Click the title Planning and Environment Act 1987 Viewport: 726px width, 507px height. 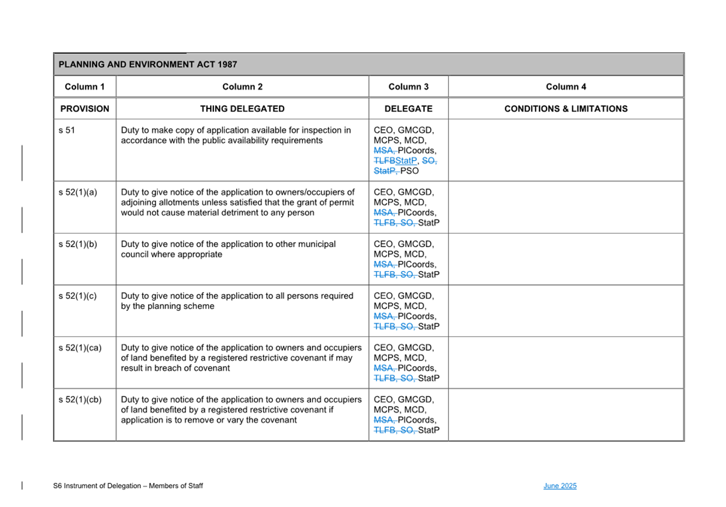pyautogui.click(x=148, y=65)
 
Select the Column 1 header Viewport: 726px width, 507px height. pyautogui.click(x=85, y=87)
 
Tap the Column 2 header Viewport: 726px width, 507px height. pyautogui.click(x=243, y=87)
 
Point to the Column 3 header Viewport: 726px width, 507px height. pyautogui.click(x=409, y=87)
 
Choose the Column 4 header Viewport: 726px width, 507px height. pyautogui.click(x=566, y=87)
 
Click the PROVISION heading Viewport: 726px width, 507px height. pyautogui.click(x=85, y=109)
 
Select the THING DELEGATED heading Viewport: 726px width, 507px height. pyautogui.click(x=243, y=109)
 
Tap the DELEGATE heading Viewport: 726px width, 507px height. pyautogui.click(x=409, y=109)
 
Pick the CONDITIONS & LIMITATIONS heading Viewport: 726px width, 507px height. pyautogui.click(x=566, y=109)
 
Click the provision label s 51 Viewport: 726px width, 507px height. pyautogui.click(x=67, y=130)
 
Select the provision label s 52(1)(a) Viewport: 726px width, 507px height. pyautogui.click(x=78, y=192)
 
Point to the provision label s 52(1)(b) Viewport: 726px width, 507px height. pyautogui.click(x=78, y=244)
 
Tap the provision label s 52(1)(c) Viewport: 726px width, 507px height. pyautogui.click(x=78, y=296)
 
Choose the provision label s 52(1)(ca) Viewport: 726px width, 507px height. pyautogui.click(x=80, y=348)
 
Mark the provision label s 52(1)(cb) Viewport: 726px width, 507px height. pyautogui.click(x=80, y=400)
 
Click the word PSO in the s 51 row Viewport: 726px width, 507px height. pyautogui.click(x=410, y=171)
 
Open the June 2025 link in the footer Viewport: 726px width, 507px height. pyautogui.click(x=560, y=486)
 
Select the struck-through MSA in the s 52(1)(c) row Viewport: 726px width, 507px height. pyautogui.click(x=384, y=316)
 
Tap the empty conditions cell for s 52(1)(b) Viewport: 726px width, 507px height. pyautogui.click(x=566, y=259)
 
